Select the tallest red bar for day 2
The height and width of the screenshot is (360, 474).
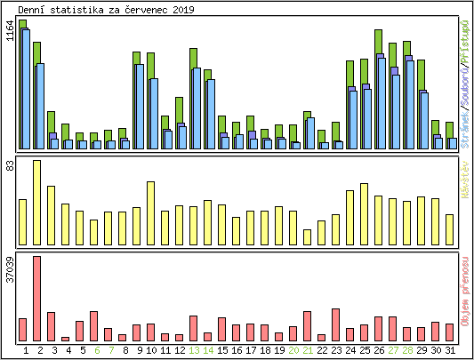[x=36, y=299]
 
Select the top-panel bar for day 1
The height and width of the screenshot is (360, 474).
[x=23, y=84]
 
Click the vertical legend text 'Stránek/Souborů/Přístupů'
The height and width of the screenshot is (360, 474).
[x=465, y=84]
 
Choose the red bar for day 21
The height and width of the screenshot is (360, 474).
[x=307, y=326]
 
